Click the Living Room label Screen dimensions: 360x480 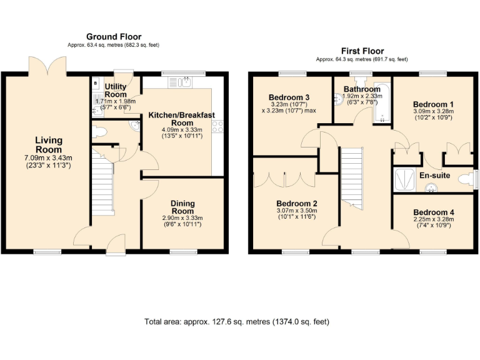[48, 145]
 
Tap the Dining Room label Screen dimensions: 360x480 [182, 207]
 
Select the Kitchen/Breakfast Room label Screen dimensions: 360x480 [182, 119]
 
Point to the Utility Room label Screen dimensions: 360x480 [116, 91]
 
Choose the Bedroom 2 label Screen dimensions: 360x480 [297, 203]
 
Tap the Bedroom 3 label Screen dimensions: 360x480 [289, 97]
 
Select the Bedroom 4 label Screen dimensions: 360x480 [434, 212]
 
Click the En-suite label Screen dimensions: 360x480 [434, 176]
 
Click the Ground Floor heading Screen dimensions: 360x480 [114, 37]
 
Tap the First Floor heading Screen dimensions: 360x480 [362, 51]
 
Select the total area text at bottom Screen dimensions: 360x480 [237, 322]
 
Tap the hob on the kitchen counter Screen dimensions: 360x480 [218, 126]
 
